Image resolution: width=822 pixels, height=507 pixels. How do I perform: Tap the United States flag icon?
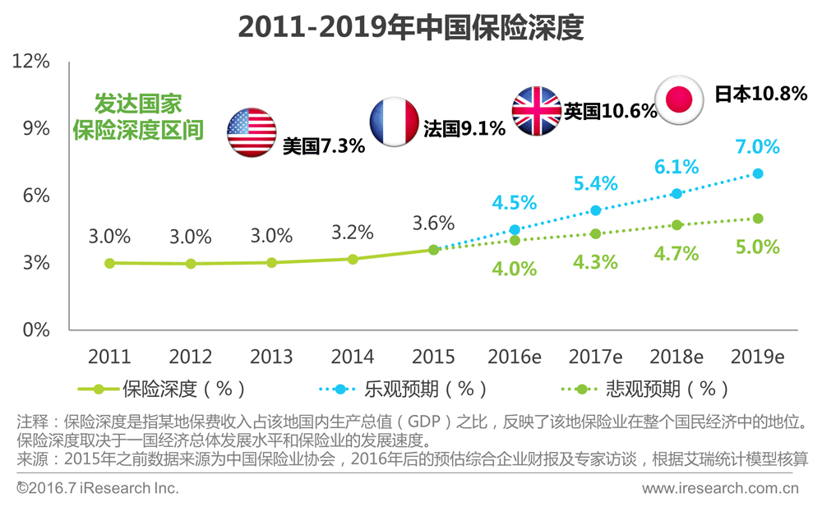point(252,131)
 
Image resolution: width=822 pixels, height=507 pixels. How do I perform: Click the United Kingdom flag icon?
point(537,110)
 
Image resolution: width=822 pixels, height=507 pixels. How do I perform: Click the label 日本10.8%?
point(760,94)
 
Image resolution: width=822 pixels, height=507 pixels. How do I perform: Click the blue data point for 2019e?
point(757,173)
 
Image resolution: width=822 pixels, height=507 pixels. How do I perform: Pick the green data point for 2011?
point(109,263)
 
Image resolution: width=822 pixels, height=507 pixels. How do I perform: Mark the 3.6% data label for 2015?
point(433,223)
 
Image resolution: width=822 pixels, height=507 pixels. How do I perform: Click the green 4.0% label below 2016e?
point(515,269)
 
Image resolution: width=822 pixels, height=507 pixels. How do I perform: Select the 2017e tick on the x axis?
point(595,357)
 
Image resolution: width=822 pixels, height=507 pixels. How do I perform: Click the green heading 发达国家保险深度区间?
point(138,117)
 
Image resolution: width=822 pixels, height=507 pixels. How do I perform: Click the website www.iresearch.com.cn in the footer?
point(720,488)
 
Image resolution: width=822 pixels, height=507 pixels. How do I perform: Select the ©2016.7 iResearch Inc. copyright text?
point(97,488)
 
